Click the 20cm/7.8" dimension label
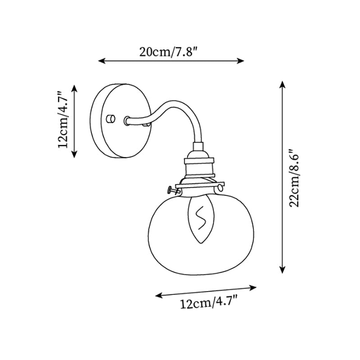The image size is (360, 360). (x=169, y=51)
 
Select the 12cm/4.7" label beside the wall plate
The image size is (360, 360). (x=63, y=120)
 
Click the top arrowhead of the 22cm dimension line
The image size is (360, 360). (x=282, y=84)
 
